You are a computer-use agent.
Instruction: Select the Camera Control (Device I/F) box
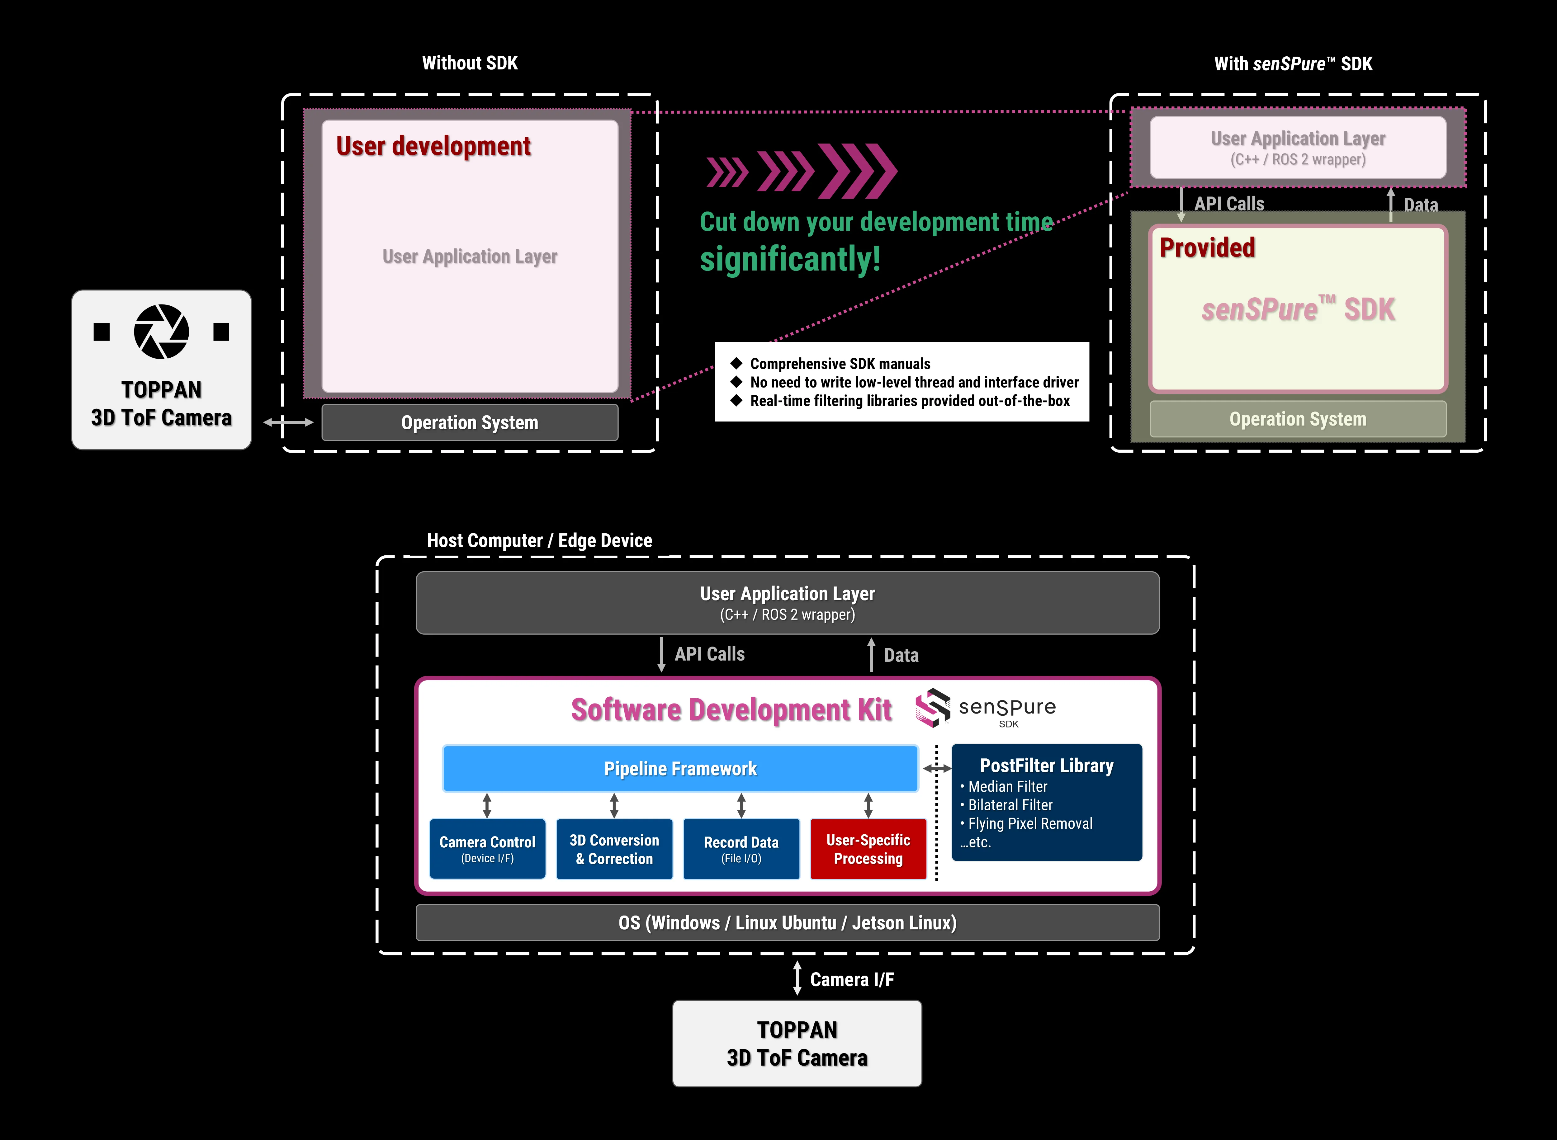point(487,849)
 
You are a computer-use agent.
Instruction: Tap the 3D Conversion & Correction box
point(614,849)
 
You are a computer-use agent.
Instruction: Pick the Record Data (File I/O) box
point(741,849)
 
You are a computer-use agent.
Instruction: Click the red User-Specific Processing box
point(868,849)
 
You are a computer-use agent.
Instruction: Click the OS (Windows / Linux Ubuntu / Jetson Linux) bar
point(788,923)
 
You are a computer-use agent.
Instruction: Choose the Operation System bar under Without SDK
point(469,422)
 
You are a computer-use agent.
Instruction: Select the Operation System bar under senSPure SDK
point(1298,419)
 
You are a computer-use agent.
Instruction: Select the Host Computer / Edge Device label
point(539,540)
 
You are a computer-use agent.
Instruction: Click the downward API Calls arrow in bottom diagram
point(661,654)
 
